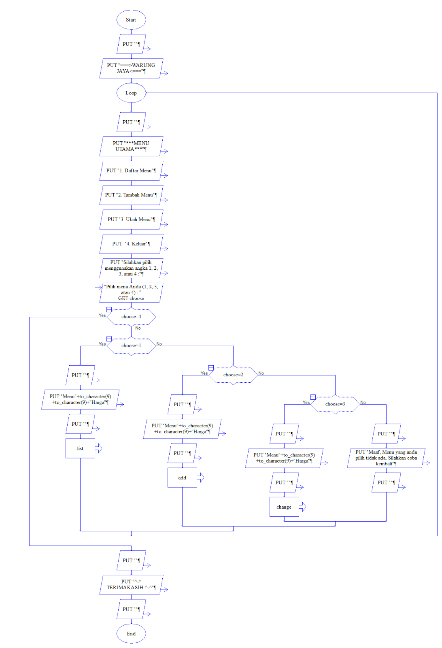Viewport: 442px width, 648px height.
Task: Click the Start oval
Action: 131,20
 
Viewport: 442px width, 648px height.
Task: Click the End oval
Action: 131,633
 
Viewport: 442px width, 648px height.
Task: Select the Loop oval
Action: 131,93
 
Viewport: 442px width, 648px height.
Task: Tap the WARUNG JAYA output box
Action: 131,68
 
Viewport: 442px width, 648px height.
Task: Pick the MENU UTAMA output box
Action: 131,146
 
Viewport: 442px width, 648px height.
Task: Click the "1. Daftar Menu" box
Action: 131,171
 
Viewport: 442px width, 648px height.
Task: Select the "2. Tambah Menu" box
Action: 131,195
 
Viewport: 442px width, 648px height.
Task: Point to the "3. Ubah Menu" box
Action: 131,219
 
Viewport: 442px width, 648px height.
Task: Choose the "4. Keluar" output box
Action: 131,244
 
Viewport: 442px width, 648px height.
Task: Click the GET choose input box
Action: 131,292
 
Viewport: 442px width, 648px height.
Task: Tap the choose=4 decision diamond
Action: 131,317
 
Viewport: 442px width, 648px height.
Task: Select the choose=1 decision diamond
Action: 131,345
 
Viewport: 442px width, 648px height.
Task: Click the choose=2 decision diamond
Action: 233,375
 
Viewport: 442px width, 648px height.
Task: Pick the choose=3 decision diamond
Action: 335,404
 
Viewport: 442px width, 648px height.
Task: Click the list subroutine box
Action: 80,448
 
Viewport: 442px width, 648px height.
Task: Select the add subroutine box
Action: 182,477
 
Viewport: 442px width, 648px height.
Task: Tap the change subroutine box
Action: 284,507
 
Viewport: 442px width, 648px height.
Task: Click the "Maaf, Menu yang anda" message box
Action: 386,458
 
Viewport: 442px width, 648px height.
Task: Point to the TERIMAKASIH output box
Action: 131,584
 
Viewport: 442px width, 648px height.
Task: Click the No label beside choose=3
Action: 363,402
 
